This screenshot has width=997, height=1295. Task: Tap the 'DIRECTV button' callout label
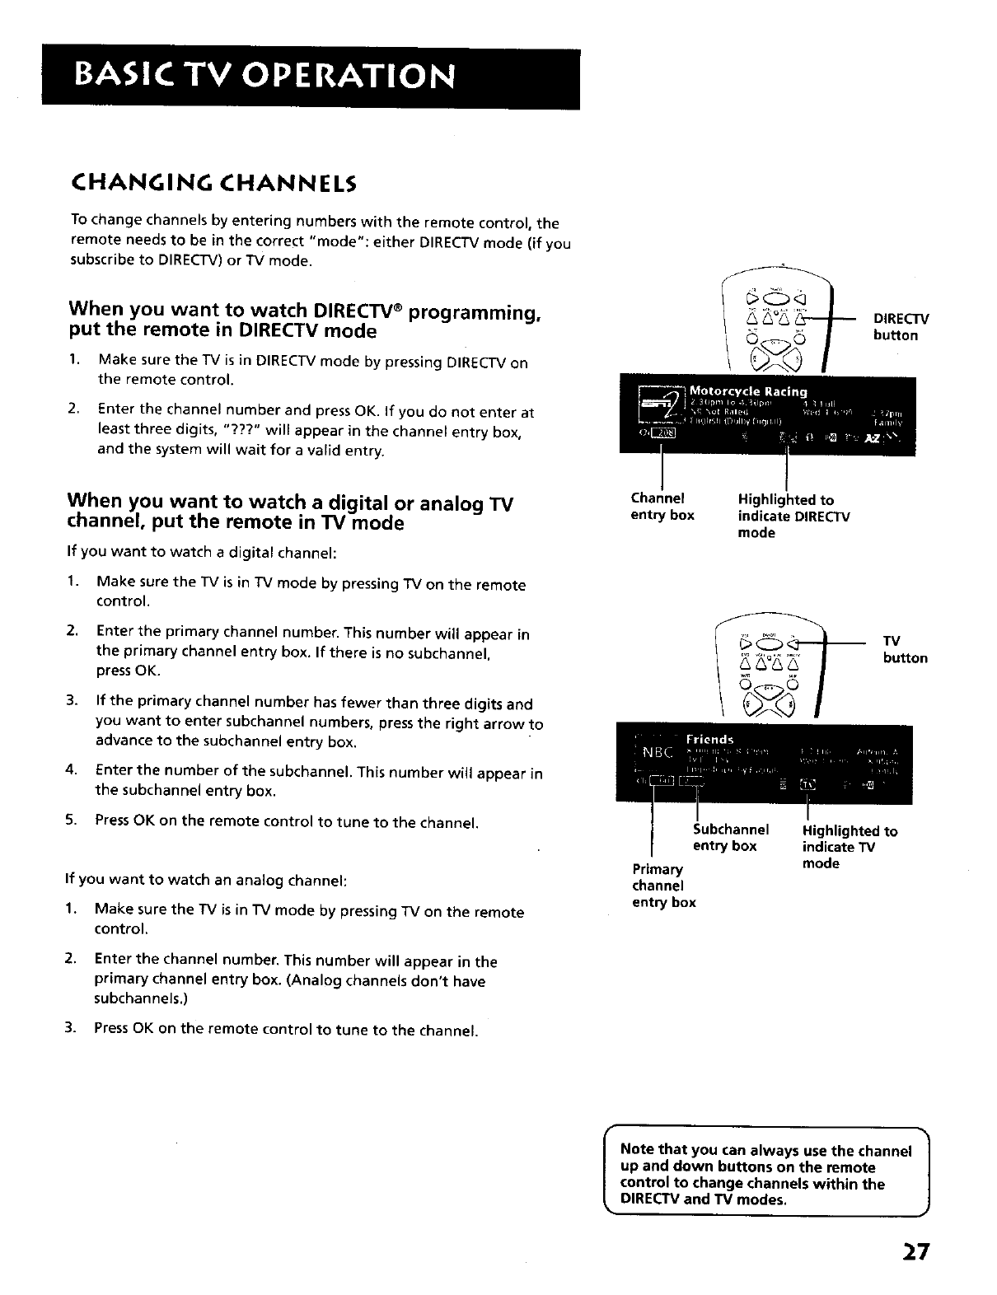(x=901, y=327)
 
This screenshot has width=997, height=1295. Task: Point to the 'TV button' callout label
(x=904, y=649)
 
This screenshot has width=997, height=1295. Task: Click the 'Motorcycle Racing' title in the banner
(x=747, y=391)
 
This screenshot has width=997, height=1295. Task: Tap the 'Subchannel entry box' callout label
(x=730, y=837)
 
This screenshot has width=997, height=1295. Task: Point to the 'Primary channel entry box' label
(x=663, y=886)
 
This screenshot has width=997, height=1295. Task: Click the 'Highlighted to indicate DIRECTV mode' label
(x=793, y=516)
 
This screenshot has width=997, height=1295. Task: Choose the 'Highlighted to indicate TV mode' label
(x=850, y=847)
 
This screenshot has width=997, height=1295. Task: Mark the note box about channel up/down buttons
(x=765, y=1174)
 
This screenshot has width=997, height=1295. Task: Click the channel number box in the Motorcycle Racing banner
(x=663, y=436)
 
